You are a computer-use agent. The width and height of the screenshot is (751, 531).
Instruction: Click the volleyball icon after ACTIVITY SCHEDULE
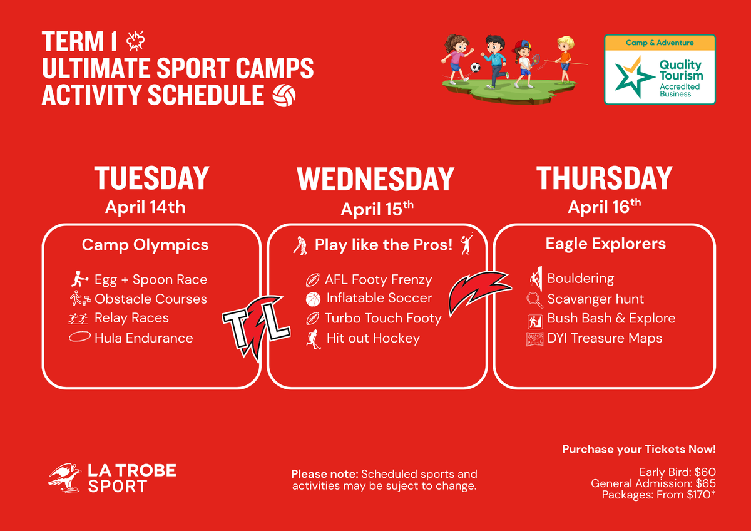(284, 95)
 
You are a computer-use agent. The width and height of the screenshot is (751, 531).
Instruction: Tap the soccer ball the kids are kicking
(475, 67)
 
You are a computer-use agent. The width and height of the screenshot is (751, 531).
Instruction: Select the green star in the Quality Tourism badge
(632, 76)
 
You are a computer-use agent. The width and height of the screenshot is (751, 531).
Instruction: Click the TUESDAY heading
(152, 178)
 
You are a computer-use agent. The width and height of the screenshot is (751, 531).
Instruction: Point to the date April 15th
(377, 209)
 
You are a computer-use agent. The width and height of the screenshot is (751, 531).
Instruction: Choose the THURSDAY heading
(604, 178)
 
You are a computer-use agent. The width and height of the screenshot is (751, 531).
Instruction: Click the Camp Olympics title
(145, 245)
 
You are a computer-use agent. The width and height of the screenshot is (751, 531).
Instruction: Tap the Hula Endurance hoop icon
(79, 337)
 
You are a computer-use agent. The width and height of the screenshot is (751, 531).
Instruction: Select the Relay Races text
(131, 317)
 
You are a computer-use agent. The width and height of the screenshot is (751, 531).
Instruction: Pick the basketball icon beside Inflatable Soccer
(313, 299)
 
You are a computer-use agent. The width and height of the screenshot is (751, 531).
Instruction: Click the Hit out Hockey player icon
(314, 339)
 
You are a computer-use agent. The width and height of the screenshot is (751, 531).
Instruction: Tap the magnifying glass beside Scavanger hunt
(534, 300)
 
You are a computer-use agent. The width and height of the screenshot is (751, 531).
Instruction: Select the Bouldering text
(580, 278)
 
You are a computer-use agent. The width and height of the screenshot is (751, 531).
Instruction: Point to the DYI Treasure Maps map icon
(534, 339)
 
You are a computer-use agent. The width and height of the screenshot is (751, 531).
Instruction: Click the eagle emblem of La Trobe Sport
(64, 478)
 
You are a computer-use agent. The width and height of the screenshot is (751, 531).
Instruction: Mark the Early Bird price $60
(705, 472)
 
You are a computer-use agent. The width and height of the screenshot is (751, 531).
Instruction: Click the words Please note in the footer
(325, 474)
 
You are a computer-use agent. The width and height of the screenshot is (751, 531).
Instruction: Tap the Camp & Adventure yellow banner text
(660, 43)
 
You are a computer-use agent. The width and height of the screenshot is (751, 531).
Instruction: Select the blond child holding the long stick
(565, 59)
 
